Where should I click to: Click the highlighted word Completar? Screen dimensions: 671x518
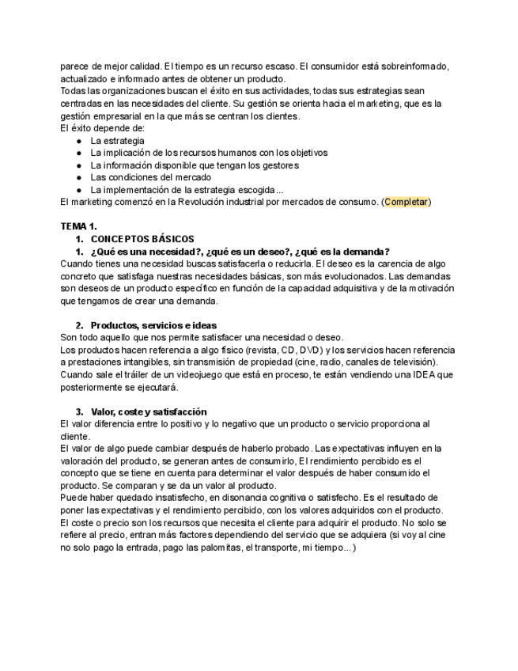coord(406,203)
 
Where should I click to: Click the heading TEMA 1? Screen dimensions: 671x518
coord(78,226)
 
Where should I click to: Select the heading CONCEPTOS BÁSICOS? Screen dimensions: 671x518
coord(142,239)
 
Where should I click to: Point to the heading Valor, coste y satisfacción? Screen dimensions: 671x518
coord(149,411)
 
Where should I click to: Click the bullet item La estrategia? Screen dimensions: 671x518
coord(117,140)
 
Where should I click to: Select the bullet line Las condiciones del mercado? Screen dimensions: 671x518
coord(139,177)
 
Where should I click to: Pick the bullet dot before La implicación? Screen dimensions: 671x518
coord(78,153)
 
